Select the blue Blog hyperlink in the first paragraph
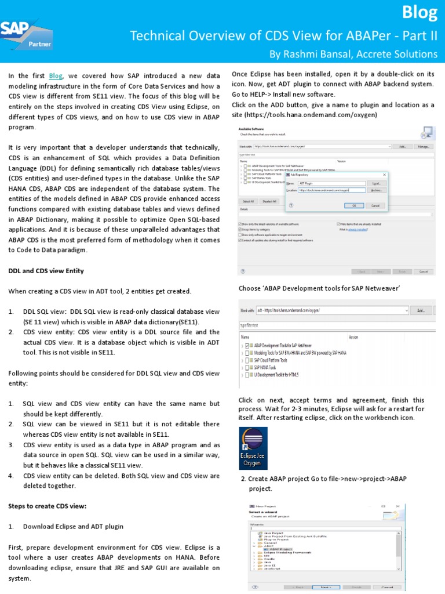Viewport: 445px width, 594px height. click(56, 75)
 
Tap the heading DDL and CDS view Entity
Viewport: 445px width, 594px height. click(46, 271)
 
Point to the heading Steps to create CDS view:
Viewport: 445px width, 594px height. click(47, 506)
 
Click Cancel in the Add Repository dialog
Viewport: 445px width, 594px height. click(375, 205)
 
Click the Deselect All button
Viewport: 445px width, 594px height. click(269, 201)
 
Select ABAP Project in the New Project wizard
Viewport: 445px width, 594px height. click(280, 549)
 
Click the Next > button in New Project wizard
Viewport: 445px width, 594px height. click(326, 586)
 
